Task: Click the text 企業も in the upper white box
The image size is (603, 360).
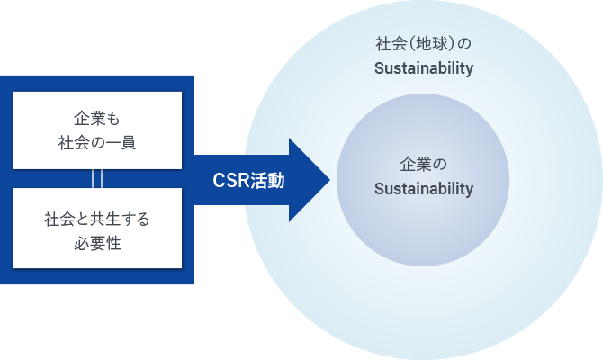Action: click(97, 118)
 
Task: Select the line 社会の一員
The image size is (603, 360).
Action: click(97, 141)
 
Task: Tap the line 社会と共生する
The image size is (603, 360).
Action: click(97, 219)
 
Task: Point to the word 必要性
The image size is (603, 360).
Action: click(97, 242)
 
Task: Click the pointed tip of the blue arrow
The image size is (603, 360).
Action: click(327, 180)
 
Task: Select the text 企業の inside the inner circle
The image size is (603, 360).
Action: click(422, 166)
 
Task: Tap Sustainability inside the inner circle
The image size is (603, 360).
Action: click(423, 189)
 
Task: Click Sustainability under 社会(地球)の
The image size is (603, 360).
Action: click(423, 68)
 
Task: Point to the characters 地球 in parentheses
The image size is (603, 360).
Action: click(422, 44)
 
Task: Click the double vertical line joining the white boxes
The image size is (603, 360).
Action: click(97, 178)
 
